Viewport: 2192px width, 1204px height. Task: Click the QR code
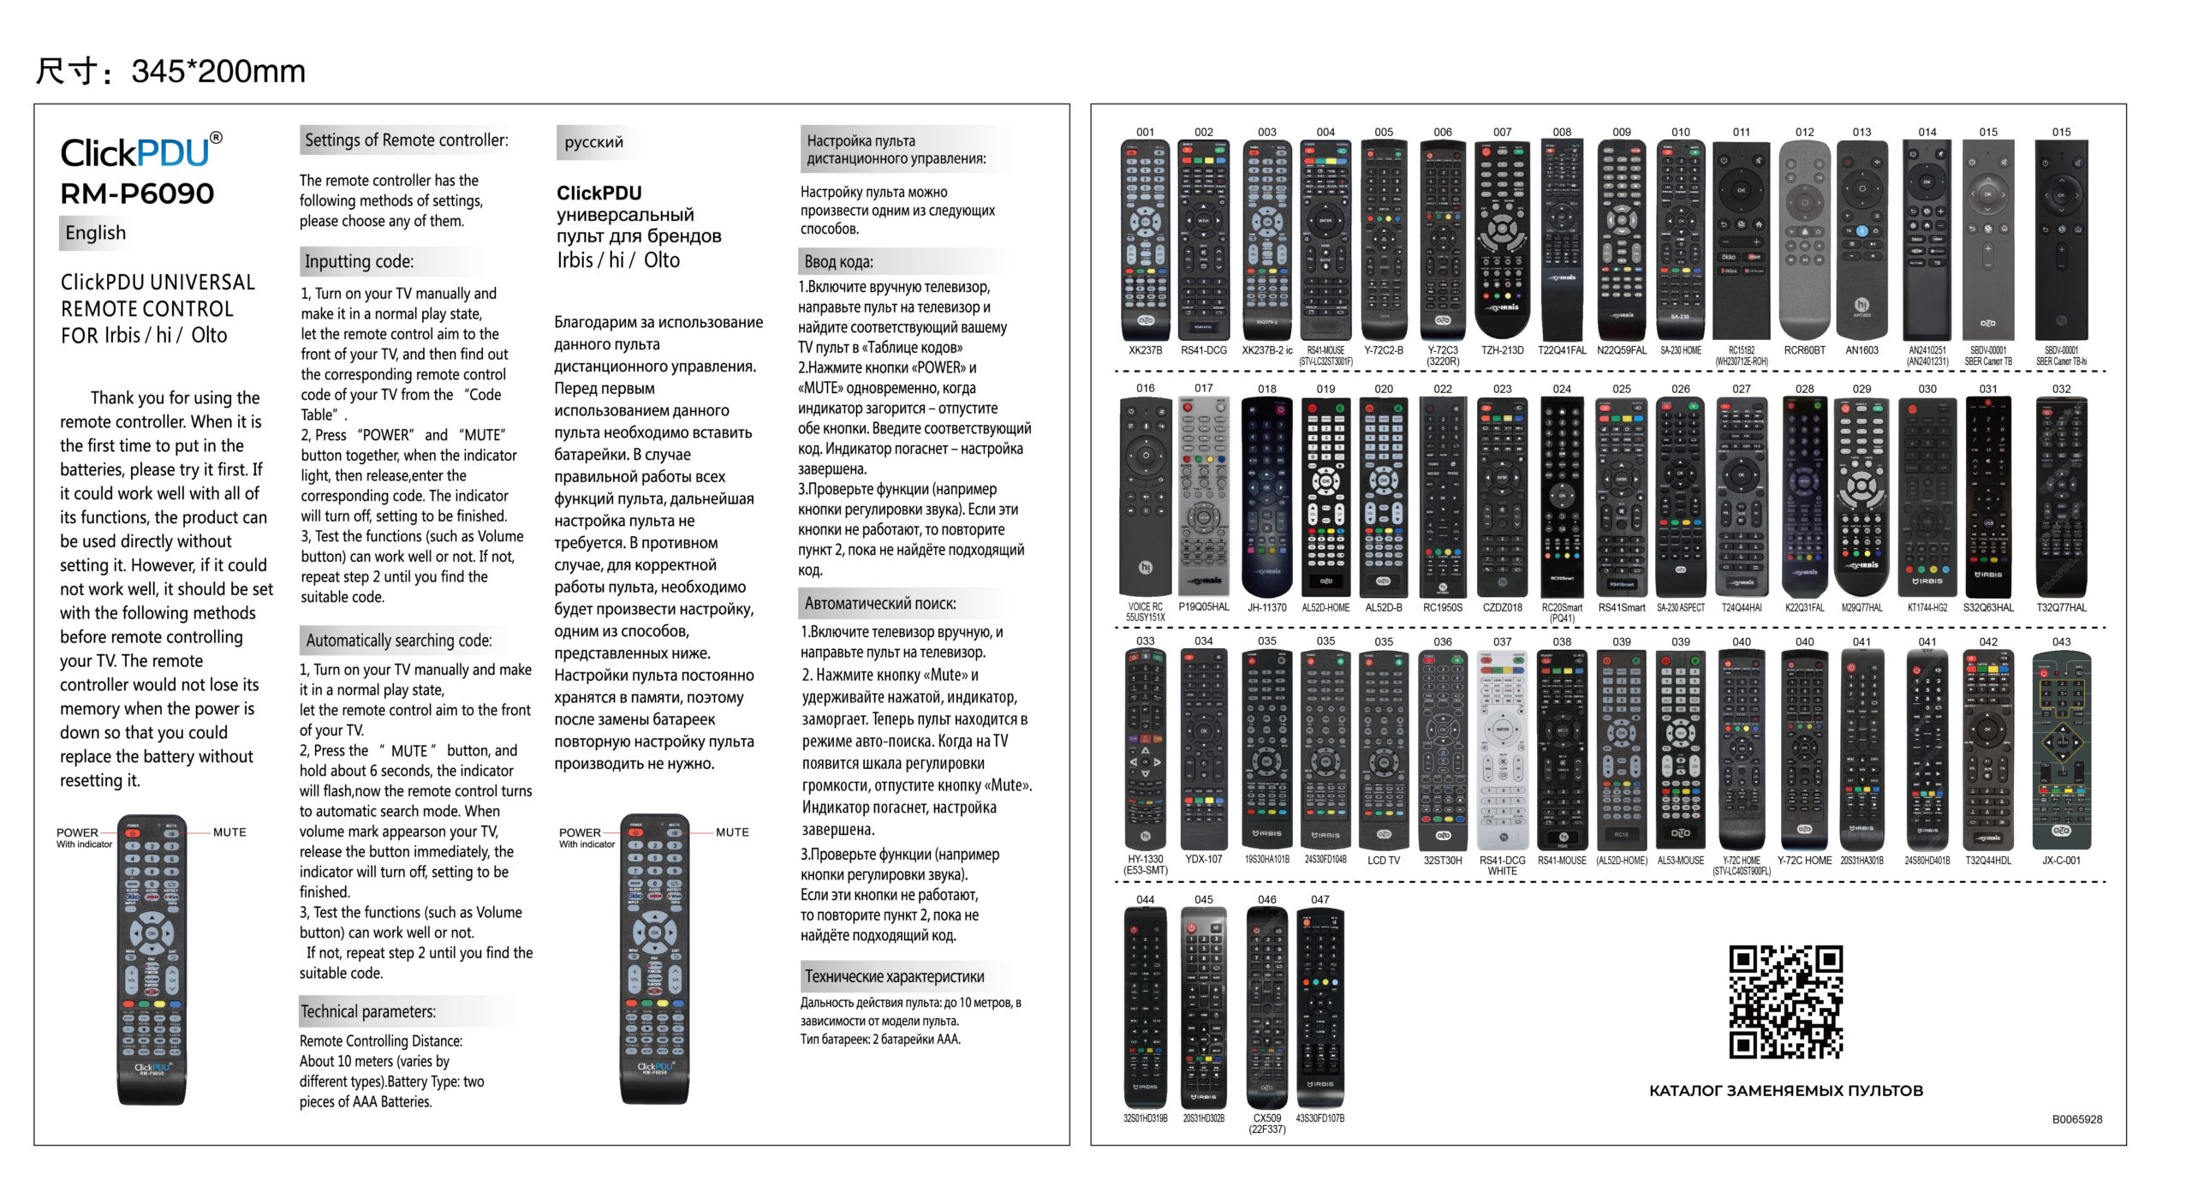[1785, 1001]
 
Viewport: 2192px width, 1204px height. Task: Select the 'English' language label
[95, 233]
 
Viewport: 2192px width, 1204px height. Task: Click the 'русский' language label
[593, 142]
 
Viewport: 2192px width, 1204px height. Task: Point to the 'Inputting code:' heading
[359, 262]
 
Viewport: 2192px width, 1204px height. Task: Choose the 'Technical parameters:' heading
[367, 1011]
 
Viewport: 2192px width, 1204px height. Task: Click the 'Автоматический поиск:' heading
[879, 604]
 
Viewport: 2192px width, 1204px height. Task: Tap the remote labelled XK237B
[1145, 240]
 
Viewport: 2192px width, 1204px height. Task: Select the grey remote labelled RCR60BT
[1804, 240]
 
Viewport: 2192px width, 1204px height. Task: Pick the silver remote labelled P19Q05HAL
[1203, 497]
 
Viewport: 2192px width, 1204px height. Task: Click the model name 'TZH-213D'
[1502, 350]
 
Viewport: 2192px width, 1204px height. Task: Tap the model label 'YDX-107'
[1203, 860]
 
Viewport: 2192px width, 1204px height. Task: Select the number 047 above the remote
[1319, 900]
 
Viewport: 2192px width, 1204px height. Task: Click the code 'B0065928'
[2076, 1119]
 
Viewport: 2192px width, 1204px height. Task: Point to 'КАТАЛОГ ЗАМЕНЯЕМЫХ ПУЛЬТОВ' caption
[1785, 1091]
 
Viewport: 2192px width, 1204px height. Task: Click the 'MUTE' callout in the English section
[229, 832]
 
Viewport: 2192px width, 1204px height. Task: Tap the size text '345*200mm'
[217, 71]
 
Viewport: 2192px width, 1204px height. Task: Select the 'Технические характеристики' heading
[894, 977]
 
